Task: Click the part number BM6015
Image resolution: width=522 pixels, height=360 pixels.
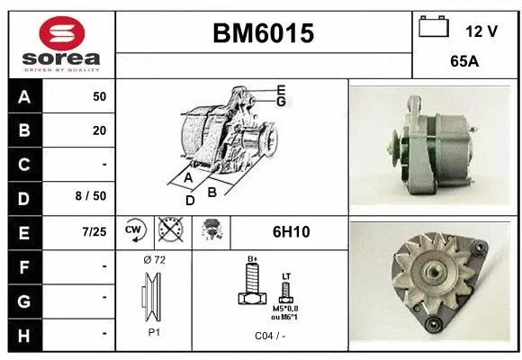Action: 263,33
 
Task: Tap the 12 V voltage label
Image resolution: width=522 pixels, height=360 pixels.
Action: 481,31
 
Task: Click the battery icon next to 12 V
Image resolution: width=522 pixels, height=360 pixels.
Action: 434,27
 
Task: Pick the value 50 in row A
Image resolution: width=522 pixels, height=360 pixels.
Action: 99,96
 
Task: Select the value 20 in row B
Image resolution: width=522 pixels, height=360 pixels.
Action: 99,130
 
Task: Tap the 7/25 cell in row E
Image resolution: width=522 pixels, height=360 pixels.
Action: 93,231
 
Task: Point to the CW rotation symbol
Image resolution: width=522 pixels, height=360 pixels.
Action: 134,231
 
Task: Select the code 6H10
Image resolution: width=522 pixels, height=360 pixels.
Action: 291,232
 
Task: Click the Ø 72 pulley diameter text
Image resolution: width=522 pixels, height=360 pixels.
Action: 154,259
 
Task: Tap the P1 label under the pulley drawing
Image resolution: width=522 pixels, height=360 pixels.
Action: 154,331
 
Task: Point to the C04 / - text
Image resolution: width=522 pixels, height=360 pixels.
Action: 270,336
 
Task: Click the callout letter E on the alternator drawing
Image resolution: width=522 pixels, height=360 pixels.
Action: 281,89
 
